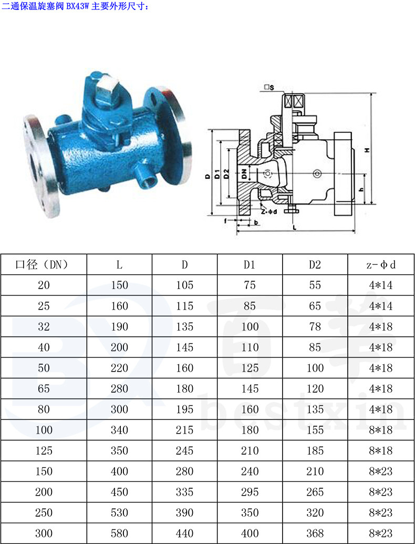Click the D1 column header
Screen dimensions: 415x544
(250, 265)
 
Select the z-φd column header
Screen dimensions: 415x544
(381, 265)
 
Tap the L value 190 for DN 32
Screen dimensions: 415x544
(119, 327)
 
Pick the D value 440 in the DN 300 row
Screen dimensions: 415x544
(184, 533)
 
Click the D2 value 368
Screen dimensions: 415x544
(315, 533)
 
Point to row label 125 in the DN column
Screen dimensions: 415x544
(44, 450)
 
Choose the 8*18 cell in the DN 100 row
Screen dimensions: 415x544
(381, 430)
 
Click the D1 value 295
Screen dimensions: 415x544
(250, 492)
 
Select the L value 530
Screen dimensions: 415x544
(119, 513)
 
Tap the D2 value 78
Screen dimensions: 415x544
(315, 327)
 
